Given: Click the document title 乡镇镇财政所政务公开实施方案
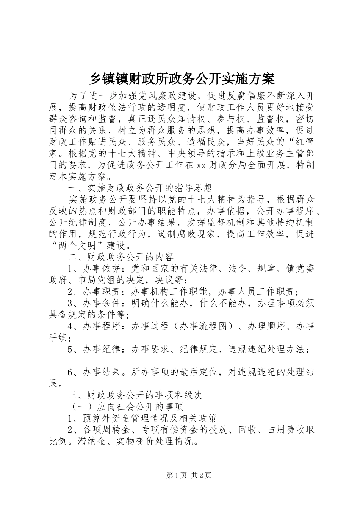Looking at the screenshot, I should click(182, 79).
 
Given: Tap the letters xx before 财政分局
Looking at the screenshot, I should click(200, 165).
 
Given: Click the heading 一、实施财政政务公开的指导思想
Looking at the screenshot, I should click(140, 188).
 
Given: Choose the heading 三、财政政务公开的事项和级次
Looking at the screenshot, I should click(135, 395).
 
